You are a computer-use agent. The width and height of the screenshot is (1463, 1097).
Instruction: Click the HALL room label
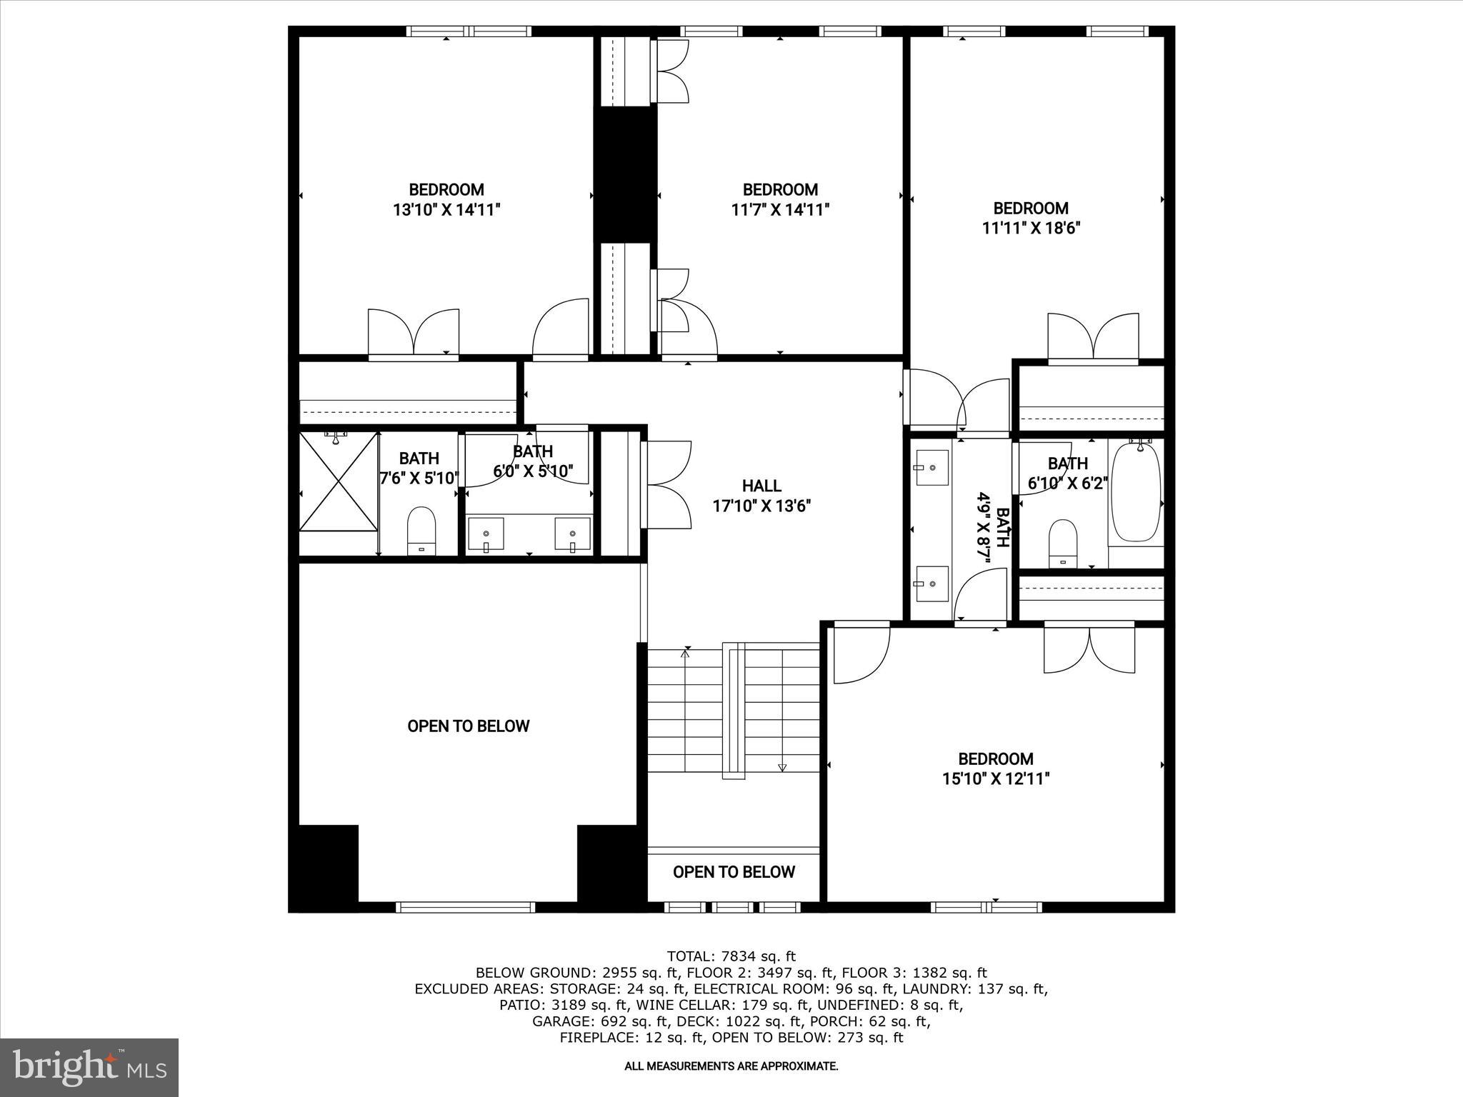tap(762, 486)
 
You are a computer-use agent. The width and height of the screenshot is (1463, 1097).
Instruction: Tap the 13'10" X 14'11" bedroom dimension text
tap(446, 210)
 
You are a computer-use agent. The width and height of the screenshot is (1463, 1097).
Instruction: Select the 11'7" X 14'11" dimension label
tap(779, 210)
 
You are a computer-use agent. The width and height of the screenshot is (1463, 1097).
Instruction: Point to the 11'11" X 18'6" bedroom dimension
tap(1030, 229)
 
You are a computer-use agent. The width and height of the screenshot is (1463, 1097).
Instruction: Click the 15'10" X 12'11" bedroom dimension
tap(995, 778)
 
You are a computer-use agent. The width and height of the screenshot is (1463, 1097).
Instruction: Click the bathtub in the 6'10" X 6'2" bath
tap(1136, 493)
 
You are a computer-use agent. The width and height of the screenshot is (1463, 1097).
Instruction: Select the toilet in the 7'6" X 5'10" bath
tap(421, 530)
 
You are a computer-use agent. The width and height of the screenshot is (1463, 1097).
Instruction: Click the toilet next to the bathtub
tap(1063, 542)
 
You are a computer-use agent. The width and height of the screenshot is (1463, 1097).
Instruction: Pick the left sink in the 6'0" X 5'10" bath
tap(486, 534)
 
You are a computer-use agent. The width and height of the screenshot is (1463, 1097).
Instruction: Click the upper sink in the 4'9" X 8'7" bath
tap(932, 468)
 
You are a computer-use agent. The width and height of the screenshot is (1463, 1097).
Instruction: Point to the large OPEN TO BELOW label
tap(468, 726)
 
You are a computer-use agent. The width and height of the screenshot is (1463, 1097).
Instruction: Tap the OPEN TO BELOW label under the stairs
tap(734, 872)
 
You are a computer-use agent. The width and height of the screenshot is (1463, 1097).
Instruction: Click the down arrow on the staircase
tap(782, 767)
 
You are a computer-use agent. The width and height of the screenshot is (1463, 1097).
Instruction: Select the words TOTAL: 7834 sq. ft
tap(731, 956)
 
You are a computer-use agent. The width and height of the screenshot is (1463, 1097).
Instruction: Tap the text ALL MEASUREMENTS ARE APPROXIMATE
tap(731, 1066)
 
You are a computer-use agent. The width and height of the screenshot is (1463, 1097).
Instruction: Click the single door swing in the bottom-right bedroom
tap(862, 653)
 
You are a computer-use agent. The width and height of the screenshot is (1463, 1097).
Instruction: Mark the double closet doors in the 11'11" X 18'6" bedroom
tap(1093, 338)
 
